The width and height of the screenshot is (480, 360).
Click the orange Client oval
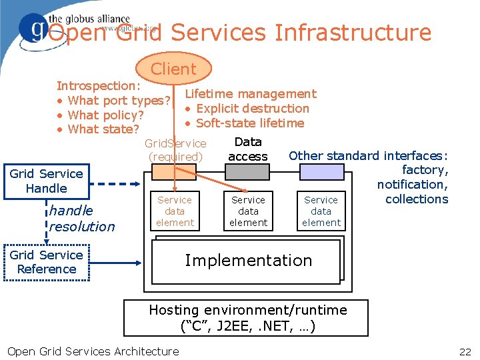pos(173,69)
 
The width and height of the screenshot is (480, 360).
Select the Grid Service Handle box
pos(46,181)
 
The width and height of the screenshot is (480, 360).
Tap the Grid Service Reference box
pos(46,262)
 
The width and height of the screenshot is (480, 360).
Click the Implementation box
pos(248,261)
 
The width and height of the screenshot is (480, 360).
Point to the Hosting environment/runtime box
pos(248,318)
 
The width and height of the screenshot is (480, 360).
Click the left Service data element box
pos(175,211)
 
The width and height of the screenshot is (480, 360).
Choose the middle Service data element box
pos(248,211)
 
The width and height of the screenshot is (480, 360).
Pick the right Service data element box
pos(321,211)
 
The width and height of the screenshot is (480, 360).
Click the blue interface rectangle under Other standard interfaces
pos(321,172)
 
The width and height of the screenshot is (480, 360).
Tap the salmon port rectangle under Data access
pos(248,172)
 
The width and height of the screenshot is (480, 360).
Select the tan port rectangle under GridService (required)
pos(175,172)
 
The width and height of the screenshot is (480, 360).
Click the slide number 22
pos(465,351)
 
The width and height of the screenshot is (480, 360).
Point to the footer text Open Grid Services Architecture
pos(93,351)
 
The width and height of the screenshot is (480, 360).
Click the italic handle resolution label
pos(81,219)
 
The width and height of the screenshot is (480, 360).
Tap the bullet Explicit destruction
pos(253,109)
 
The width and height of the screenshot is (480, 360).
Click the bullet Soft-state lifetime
pos(250,123)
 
